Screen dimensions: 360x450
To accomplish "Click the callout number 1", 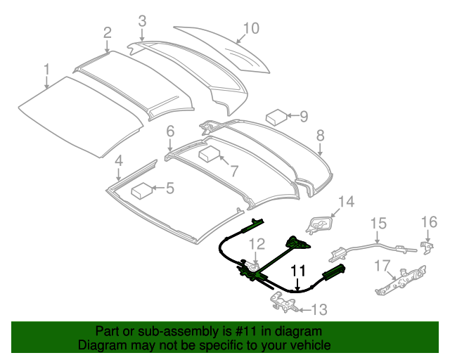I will click(x=46, y=70).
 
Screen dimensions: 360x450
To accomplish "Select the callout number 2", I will click(x=107, y=32).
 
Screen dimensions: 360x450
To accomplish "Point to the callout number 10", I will click(x=251, y=28).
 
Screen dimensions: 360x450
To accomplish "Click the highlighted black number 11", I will click(x=298, y=270).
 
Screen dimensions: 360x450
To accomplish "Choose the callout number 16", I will click(x=429, y=223).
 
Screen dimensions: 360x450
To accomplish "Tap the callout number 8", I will click(x=320, y=134).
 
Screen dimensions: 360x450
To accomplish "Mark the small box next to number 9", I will click(x=275, y=116).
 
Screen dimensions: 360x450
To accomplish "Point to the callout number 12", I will click(x=257, y=245).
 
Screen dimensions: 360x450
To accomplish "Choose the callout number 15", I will click(x=378, y=224).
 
